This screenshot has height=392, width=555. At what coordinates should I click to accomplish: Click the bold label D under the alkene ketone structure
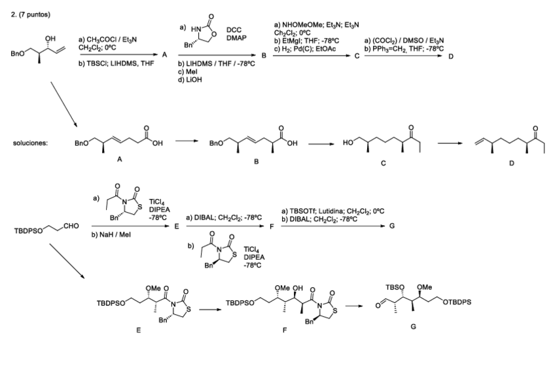[512, 164]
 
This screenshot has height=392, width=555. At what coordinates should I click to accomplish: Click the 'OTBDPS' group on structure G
[459, 302]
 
